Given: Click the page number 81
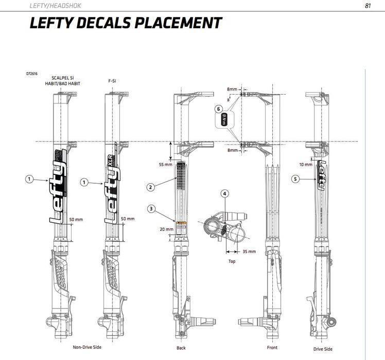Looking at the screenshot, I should click(x=367, y=6).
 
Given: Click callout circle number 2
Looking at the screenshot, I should click(x=150, y=187).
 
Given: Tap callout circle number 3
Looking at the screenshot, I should click(x=150, y=209).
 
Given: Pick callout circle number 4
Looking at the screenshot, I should click(x=224, y=194).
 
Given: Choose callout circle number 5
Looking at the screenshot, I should click(x=295, y=179).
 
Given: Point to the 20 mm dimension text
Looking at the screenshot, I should click(x=166, y=229).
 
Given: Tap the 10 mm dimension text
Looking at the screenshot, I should click(x=305, y=165).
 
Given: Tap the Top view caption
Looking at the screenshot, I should click(x=232, y=261).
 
